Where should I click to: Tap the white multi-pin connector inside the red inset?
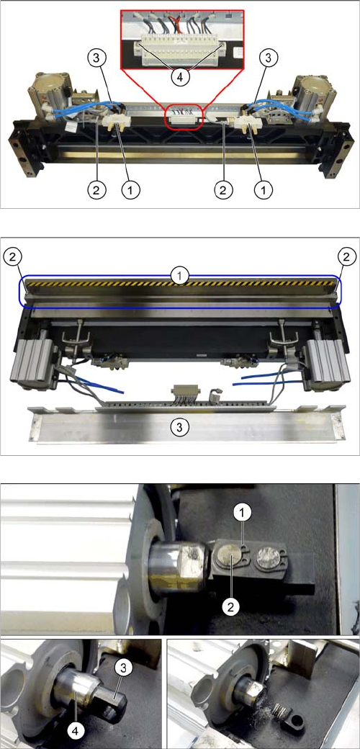point(180,49)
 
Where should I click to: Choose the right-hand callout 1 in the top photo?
point(263,190)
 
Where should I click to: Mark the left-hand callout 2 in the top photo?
point(96,190)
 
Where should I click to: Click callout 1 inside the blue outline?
point(179,276)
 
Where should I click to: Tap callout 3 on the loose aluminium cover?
point(179,427)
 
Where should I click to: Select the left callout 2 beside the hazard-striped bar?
point(12,256)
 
